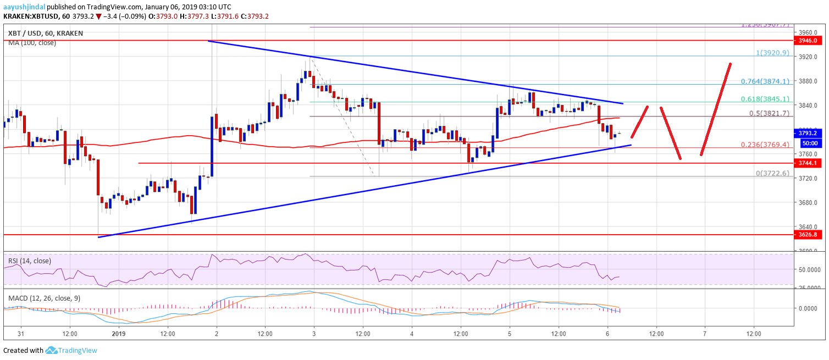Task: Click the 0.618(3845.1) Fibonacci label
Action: [765, 99]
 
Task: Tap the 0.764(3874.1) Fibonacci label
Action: [765, 81]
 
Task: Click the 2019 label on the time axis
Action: [119, 333]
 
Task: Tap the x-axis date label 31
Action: [20, 333]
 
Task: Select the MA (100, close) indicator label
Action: [32, 42]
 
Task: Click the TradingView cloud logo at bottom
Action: [52, 350]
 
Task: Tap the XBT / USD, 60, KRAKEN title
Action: [45, 33]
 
